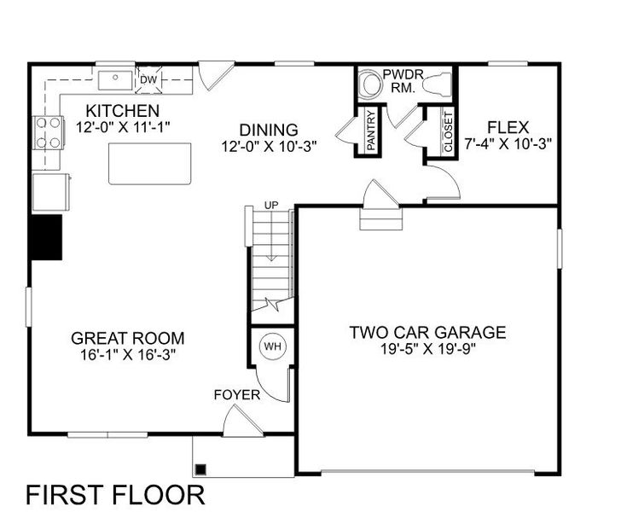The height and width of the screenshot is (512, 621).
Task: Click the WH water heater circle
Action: coord(272,346)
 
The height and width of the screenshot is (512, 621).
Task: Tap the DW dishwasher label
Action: coord(148,79)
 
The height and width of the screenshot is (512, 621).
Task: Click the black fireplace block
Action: coord(46,236)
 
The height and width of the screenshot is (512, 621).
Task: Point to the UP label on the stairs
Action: coord(271,206)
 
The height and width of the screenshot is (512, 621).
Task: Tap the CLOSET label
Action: coord(449,132)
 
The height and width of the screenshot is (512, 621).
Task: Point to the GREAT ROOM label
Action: coord(128,338)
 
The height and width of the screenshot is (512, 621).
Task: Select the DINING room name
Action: coord(268,130)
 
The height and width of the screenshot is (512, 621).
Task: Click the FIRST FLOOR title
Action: coord(115,494)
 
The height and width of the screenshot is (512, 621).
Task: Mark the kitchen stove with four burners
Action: coord(48,133)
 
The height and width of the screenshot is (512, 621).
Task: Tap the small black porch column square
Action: coord(201,468)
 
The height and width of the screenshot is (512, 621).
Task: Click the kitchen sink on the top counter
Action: coord(113,80)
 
